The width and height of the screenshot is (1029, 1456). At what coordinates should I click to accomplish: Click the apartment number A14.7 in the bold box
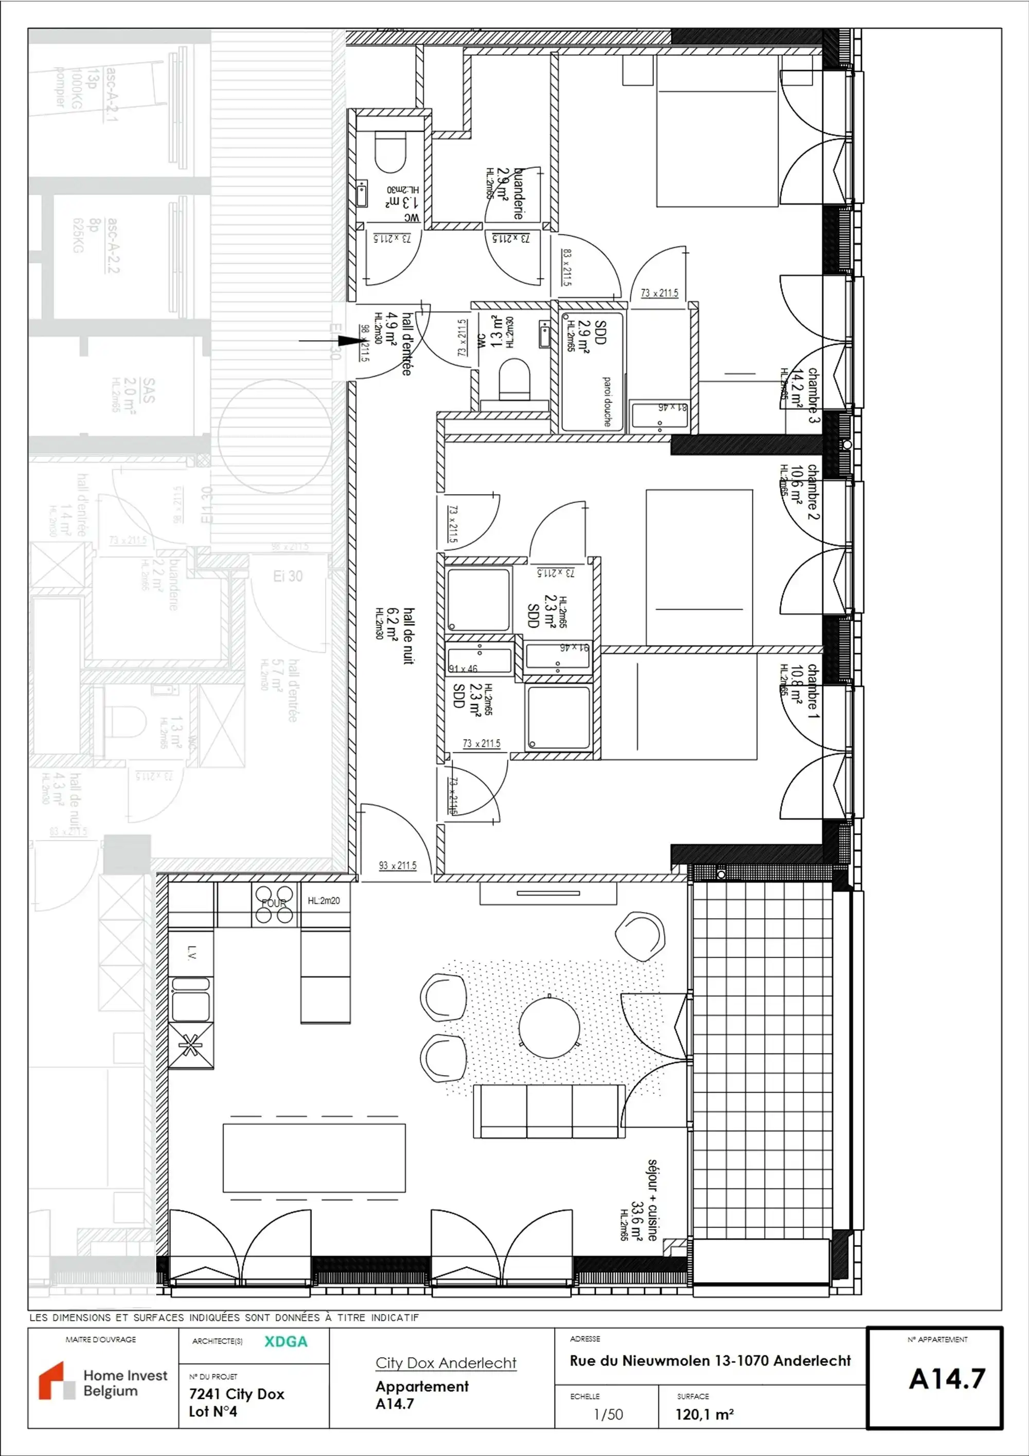[946, 1378]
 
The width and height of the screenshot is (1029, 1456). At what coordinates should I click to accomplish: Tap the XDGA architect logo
[286, 1341]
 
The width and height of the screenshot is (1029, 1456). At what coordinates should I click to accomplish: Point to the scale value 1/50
[608, 1414]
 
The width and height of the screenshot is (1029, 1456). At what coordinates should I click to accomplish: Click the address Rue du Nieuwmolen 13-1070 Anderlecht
[709, 1360]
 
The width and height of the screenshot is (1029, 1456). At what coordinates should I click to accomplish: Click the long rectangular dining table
[314, 1158]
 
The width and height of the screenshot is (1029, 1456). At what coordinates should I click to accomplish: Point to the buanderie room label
[519, 194]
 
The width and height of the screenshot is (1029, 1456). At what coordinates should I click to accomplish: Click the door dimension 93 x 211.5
[398, 865]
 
